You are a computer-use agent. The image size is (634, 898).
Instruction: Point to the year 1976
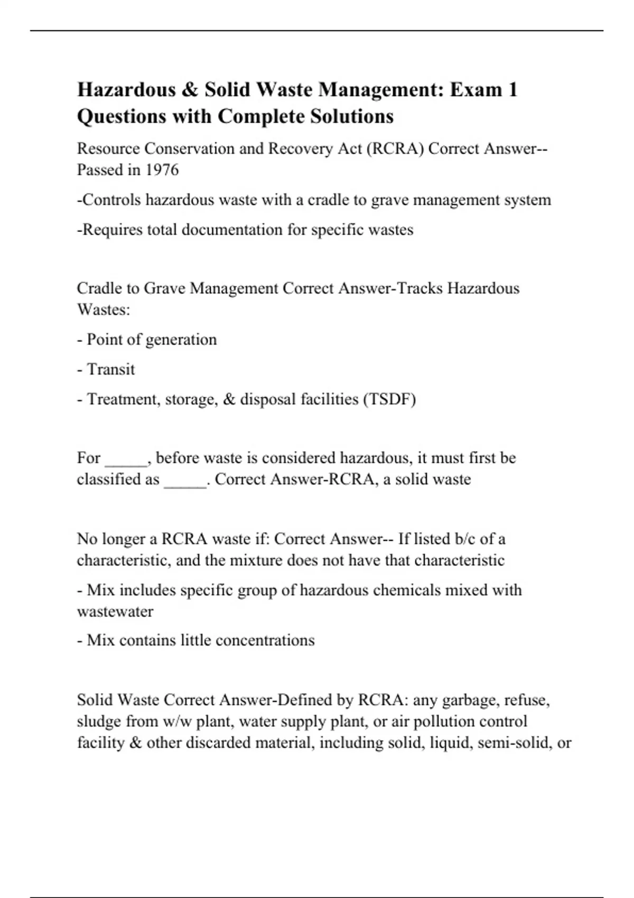162,170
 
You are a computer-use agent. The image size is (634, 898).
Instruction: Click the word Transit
110,369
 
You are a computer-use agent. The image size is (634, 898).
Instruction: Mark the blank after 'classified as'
185,480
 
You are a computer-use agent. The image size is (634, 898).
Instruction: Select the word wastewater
115,611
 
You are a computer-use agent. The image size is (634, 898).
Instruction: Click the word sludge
97,721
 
